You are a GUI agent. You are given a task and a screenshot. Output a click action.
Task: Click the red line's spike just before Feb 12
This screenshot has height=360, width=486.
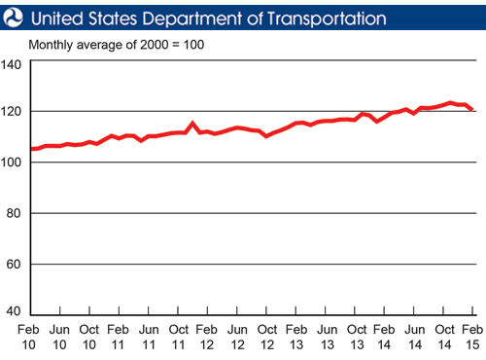[192, 124]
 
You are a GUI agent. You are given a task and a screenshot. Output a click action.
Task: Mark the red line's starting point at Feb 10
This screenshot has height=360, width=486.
[32, 149]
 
